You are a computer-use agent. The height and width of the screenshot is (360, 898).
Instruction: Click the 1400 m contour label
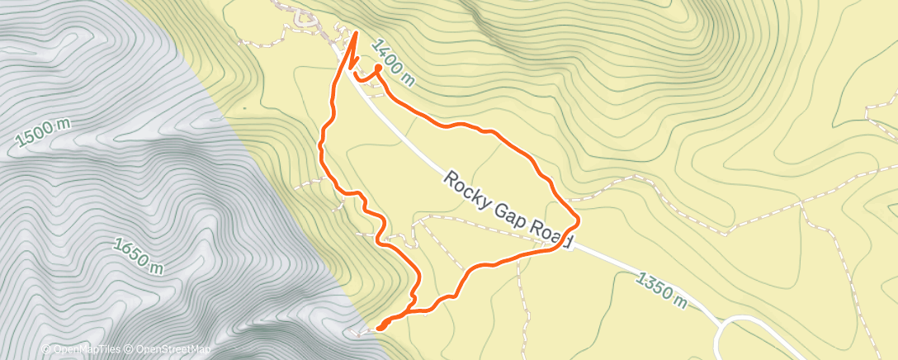tap(392, 63)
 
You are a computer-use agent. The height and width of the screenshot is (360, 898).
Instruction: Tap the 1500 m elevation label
tap(42, 133)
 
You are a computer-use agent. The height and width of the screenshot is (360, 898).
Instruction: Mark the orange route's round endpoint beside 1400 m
tap(378, 68)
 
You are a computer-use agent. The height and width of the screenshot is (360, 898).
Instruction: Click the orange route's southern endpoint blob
tap(382, 327)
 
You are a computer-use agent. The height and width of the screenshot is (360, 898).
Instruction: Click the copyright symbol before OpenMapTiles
tap(46, 349)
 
